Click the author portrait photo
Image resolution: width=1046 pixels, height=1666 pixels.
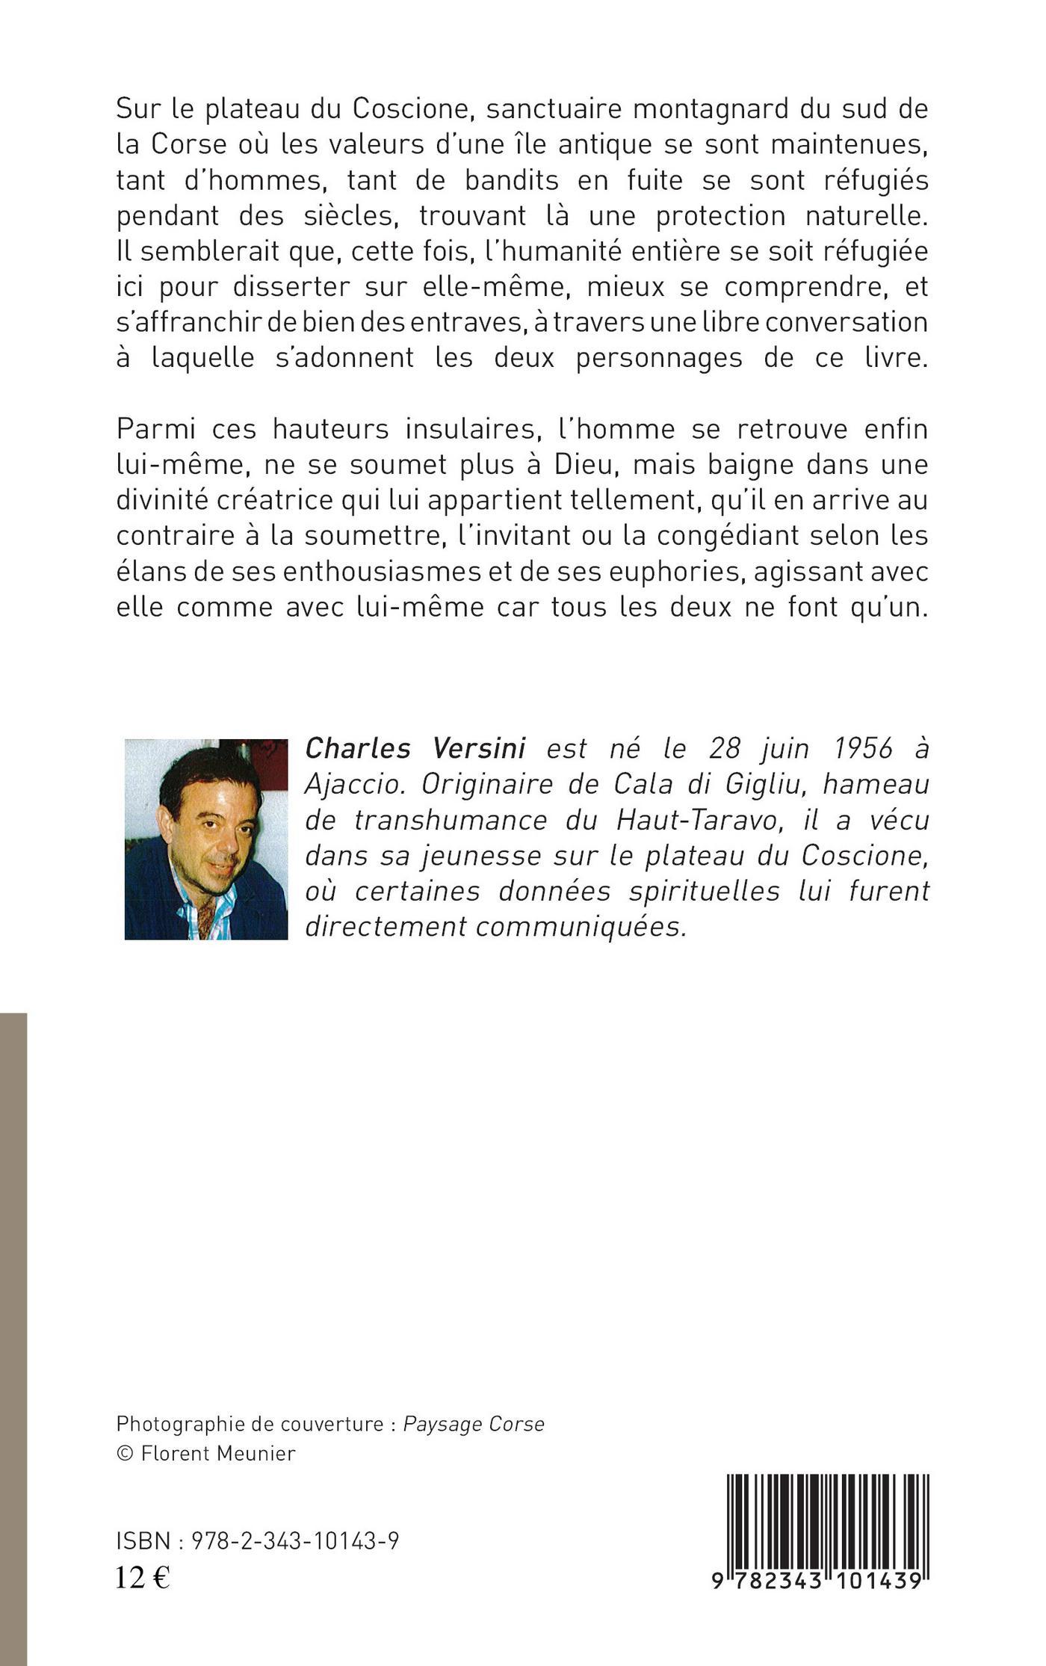coord(205,839)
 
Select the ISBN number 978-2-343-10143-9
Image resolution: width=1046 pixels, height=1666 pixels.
coord(295,1540)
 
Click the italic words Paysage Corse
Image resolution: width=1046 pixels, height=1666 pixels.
coord(474,1423)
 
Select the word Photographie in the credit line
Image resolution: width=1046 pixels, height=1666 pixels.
coord(177,1423)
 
